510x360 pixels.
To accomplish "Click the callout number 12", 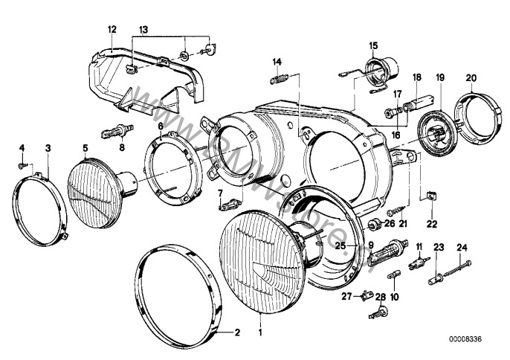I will click(112, 29).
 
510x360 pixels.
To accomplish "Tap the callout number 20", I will click(471, 77).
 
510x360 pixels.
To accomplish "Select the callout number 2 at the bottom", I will click(238, 332).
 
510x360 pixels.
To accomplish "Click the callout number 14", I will click(277, 61).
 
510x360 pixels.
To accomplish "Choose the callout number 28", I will click(380, 297).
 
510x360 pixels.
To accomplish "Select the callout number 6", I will click(160, 128).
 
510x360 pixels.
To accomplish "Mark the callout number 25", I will click(340, 245).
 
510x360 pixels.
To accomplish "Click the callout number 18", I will click(417, 77).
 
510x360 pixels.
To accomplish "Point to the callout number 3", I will click(48, 148).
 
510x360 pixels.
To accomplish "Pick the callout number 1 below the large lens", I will click(261, 332).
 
